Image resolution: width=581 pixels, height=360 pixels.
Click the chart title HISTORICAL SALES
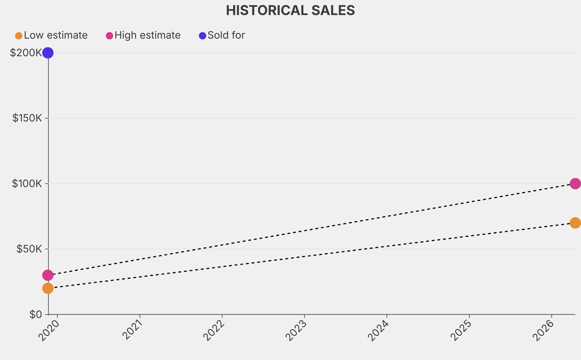(x=290, y=10)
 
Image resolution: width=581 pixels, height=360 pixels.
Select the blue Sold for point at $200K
(x=48, y=53)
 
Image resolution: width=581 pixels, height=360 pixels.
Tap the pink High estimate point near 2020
(x=48, y=275)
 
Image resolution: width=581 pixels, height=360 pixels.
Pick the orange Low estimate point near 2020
(x=48, y=288)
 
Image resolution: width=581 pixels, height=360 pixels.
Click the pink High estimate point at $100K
(x=575, y=183)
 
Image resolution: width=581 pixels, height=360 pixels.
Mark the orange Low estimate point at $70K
(x=575, y=223)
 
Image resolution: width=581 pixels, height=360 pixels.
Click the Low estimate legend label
(x=56, y=35)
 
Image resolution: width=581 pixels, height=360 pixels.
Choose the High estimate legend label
(x=148, y=35)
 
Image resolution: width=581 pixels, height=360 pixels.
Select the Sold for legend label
(x=226, y=35)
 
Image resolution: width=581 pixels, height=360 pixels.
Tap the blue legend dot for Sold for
(x=203, y=36)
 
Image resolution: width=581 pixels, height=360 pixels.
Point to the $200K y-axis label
(x=26, y=53)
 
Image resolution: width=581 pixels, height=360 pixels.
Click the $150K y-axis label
(x=26, y=118)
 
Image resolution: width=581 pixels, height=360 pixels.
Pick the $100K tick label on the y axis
(x=26, y=183)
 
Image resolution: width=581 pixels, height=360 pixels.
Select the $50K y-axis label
(x=28, y=249)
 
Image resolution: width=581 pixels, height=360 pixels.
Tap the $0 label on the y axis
(x=35, y=314)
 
